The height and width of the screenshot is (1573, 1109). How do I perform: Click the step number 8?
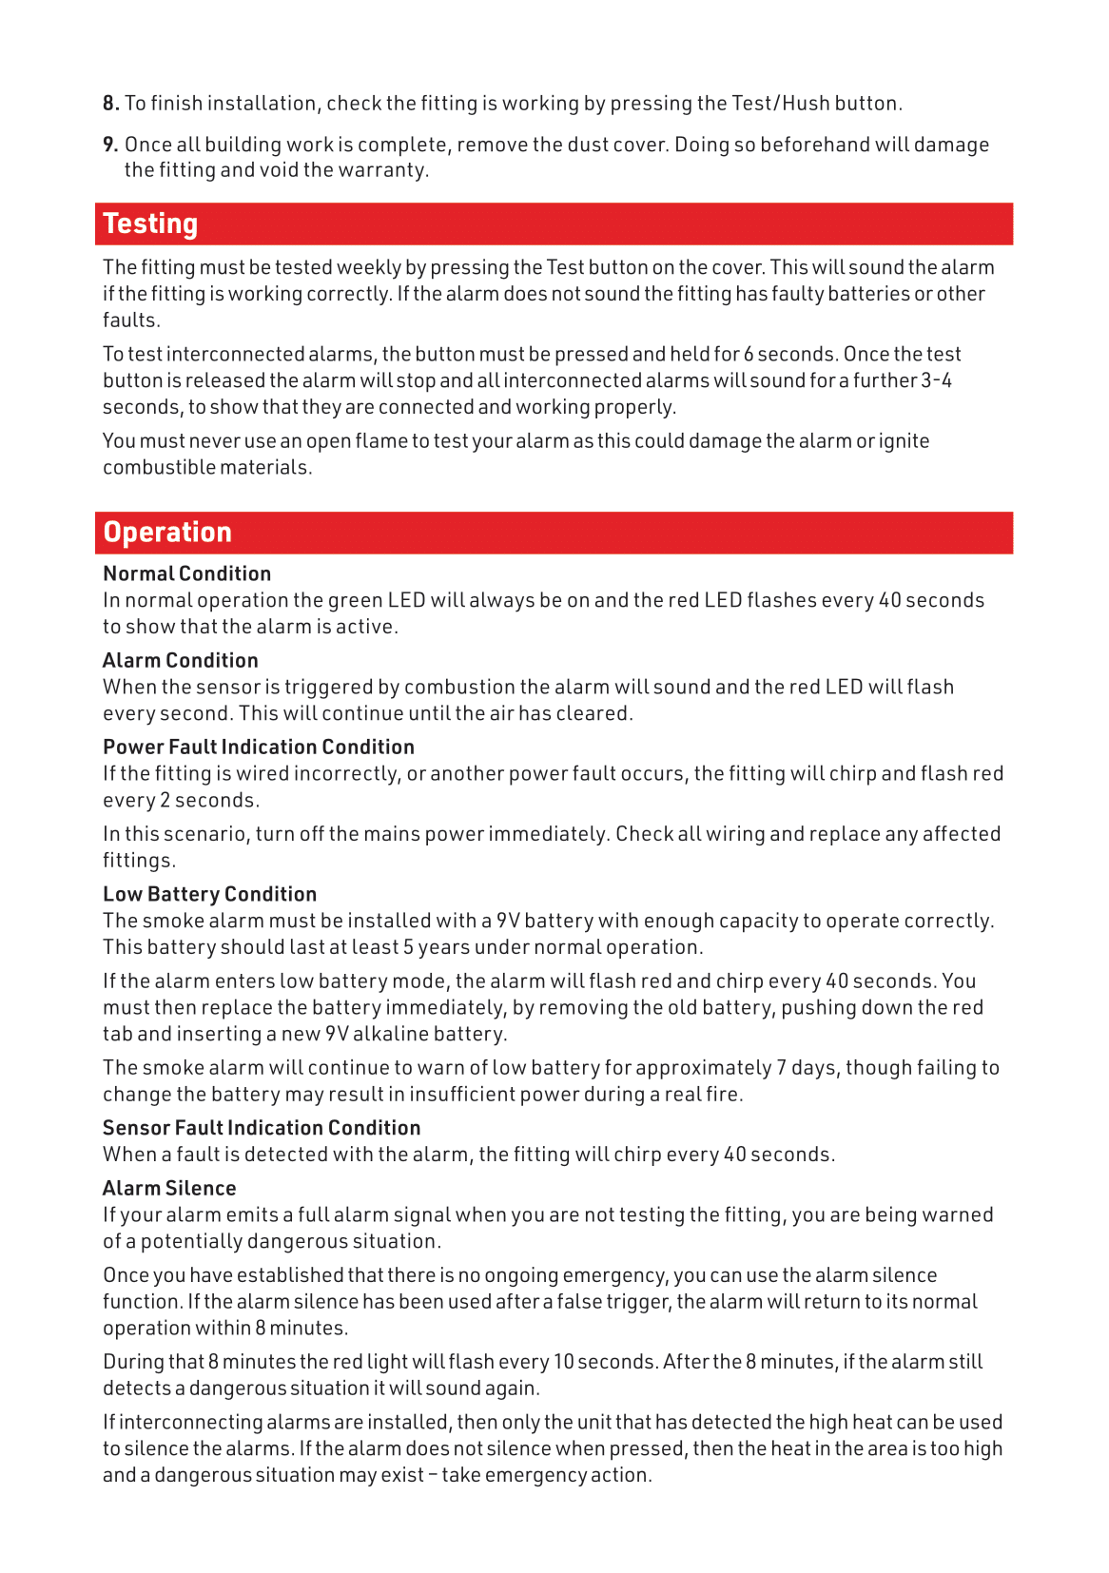click(110, 104)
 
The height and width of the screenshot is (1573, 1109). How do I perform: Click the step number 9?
click(110, 145)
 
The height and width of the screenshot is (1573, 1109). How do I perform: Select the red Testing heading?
click(150, 223)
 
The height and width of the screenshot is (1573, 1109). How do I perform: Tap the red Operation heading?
click(167, 533)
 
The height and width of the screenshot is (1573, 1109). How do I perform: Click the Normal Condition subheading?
click(186, 573)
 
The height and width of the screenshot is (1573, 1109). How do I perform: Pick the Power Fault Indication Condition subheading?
click(259, 747)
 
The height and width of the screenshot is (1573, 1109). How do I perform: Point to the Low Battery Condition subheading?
click(209, 894)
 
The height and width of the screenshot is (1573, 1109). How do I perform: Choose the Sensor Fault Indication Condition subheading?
click(262, 1128)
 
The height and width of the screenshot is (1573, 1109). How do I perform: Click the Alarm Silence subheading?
click(169, 1188)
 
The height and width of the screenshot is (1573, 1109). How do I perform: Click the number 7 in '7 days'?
click(781, 1068)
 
